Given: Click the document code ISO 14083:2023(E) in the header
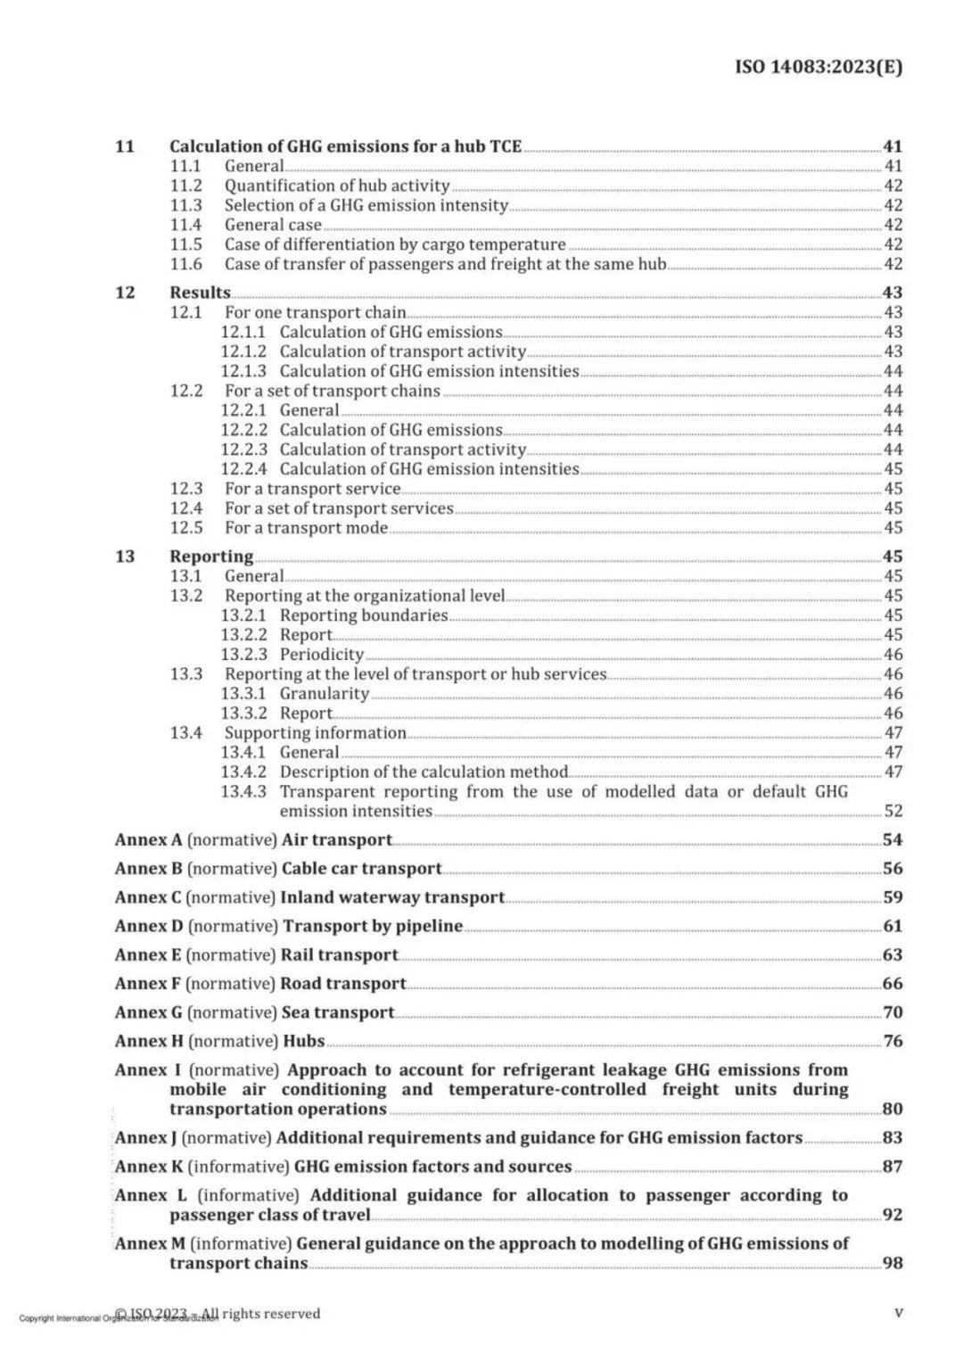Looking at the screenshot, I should coord(818,67).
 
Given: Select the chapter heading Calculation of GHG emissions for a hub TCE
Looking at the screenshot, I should coord(345,146).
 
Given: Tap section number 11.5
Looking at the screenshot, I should coord(186,244).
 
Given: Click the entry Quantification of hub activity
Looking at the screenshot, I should coord(336,186).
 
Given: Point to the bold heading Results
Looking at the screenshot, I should coord(200,293).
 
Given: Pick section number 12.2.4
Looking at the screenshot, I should coord(243,469).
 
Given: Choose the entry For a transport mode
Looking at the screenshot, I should coord(306,528).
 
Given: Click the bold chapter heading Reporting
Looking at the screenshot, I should coord(211,557).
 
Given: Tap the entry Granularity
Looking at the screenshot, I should coord(324,694).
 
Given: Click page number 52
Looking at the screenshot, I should coord(893,812).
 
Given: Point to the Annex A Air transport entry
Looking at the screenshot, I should coord(253,840).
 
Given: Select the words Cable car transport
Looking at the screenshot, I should coord(361,869).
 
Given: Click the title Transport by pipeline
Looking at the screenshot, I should coord(373,927).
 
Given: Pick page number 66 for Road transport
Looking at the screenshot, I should coord(893,984).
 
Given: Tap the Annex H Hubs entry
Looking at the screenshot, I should coord(219,1042).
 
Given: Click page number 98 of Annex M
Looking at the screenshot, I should coord(893,1264).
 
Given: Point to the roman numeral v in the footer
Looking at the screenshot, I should coord(898,1314).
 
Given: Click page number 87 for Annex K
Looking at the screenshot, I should coord(893,1167).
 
